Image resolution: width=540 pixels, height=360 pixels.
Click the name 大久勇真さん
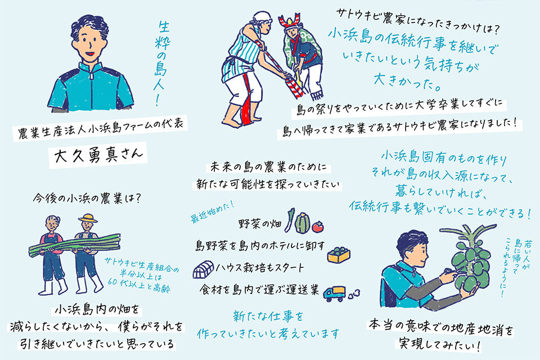[x=98, y=155]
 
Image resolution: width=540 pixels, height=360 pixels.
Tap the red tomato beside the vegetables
[x=318, y=226]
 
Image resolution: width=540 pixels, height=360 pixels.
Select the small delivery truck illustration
[x=334, y=294]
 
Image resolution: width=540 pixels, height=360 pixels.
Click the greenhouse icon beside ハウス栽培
[x=203, y=270]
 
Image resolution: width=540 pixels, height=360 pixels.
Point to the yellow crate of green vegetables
[x=339, y=255]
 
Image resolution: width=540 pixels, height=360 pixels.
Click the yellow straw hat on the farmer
[x=88, y=218]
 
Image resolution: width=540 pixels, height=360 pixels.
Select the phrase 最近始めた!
[x=212, y=212]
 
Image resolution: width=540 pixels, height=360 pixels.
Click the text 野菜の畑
[x=260, y=224]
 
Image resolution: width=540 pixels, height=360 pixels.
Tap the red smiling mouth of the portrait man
[x=90, y=53]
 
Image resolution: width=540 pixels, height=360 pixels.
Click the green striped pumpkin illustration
[x=302, y=223]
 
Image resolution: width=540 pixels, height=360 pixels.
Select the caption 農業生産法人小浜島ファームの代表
[x=101, y=129]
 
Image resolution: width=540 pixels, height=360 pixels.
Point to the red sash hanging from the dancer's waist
[x=246, y=106]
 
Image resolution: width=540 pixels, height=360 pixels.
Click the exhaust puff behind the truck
[x=354, y=294]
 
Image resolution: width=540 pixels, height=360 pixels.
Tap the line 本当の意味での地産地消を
[x=441, y=327]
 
